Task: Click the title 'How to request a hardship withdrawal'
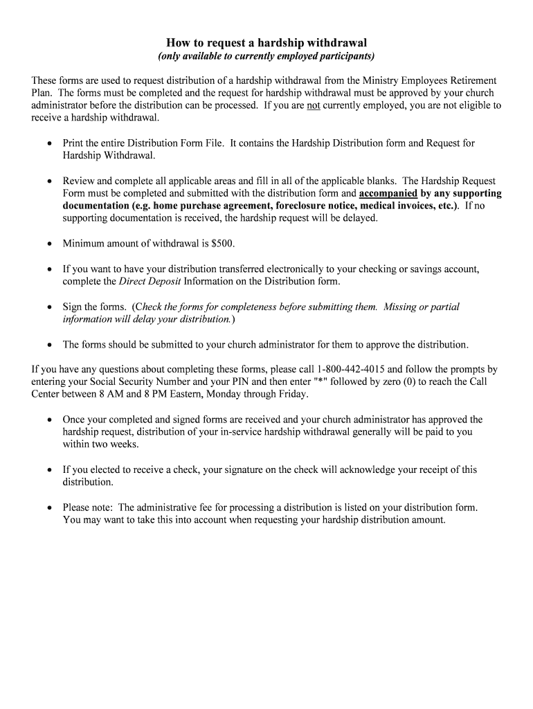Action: [266, 43]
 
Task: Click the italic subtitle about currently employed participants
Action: [266, 56]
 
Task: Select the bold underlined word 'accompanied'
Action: [388, 193]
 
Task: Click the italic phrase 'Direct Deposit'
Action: [150, 282]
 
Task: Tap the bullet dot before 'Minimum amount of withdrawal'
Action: [49, 244]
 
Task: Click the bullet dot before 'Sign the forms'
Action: [49, 307]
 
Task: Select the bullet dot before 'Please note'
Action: [49, 508]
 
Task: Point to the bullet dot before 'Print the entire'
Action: [49, 143]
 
